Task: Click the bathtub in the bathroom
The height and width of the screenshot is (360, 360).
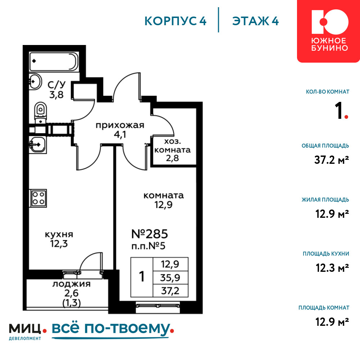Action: pyautogui.click(x=54, y=62)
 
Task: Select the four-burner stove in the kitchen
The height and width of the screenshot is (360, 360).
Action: pyautogui.click(x=38, y=198)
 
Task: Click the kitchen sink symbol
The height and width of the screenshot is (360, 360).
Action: pyautogui.click(x=38, y=144)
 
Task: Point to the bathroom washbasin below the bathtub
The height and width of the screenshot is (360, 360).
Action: pyautogui.click(x=35, y=81)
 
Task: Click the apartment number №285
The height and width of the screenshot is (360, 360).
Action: pyautogui.click(x=150, y=234)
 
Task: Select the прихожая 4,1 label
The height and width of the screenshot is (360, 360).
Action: pyautogui.click(x=120, y=130)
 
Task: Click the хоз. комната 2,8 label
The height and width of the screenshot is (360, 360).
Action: pyautogui.click(x=172, y=150)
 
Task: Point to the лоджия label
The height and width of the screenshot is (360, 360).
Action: pyautogui.click(x=71, y=284)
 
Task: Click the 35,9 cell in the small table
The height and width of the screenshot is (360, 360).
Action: pyautogui.click(x=170, y=278)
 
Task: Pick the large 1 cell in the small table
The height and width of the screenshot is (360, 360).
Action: pyautogui.click(x=141, y=277)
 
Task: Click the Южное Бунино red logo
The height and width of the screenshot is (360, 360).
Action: pyautogui.click(x=329, y=31)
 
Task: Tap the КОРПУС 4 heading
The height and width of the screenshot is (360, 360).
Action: pyautogui.click(x=175, y=21)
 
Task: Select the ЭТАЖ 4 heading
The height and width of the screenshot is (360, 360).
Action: pyautogui.click(x=256, y=21)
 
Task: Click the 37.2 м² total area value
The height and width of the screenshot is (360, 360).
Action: pyautogui.click(x=332, y=160)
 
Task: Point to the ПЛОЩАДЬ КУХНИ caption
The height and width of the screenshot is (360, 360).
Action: pyautogui.click(x=326, y=254)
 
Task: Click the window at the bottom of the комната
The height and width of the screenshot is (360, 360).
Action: pyautogui.click(x=158, y=305)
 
